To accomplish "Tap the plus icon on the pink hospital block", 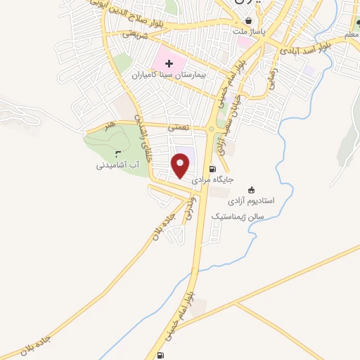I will (169, 64).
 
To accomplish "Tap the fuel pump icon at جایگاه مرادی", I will (213, 169).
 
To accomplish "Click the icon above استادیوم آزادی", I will (252, 189).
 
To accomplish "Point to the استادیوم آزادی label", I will (273, 200).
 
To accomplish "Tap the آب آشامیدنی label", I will (119, 166).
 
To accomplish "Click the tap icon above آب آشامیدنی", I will (117, 154).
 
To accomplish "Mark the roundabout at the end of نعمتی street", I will (212, 128).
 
